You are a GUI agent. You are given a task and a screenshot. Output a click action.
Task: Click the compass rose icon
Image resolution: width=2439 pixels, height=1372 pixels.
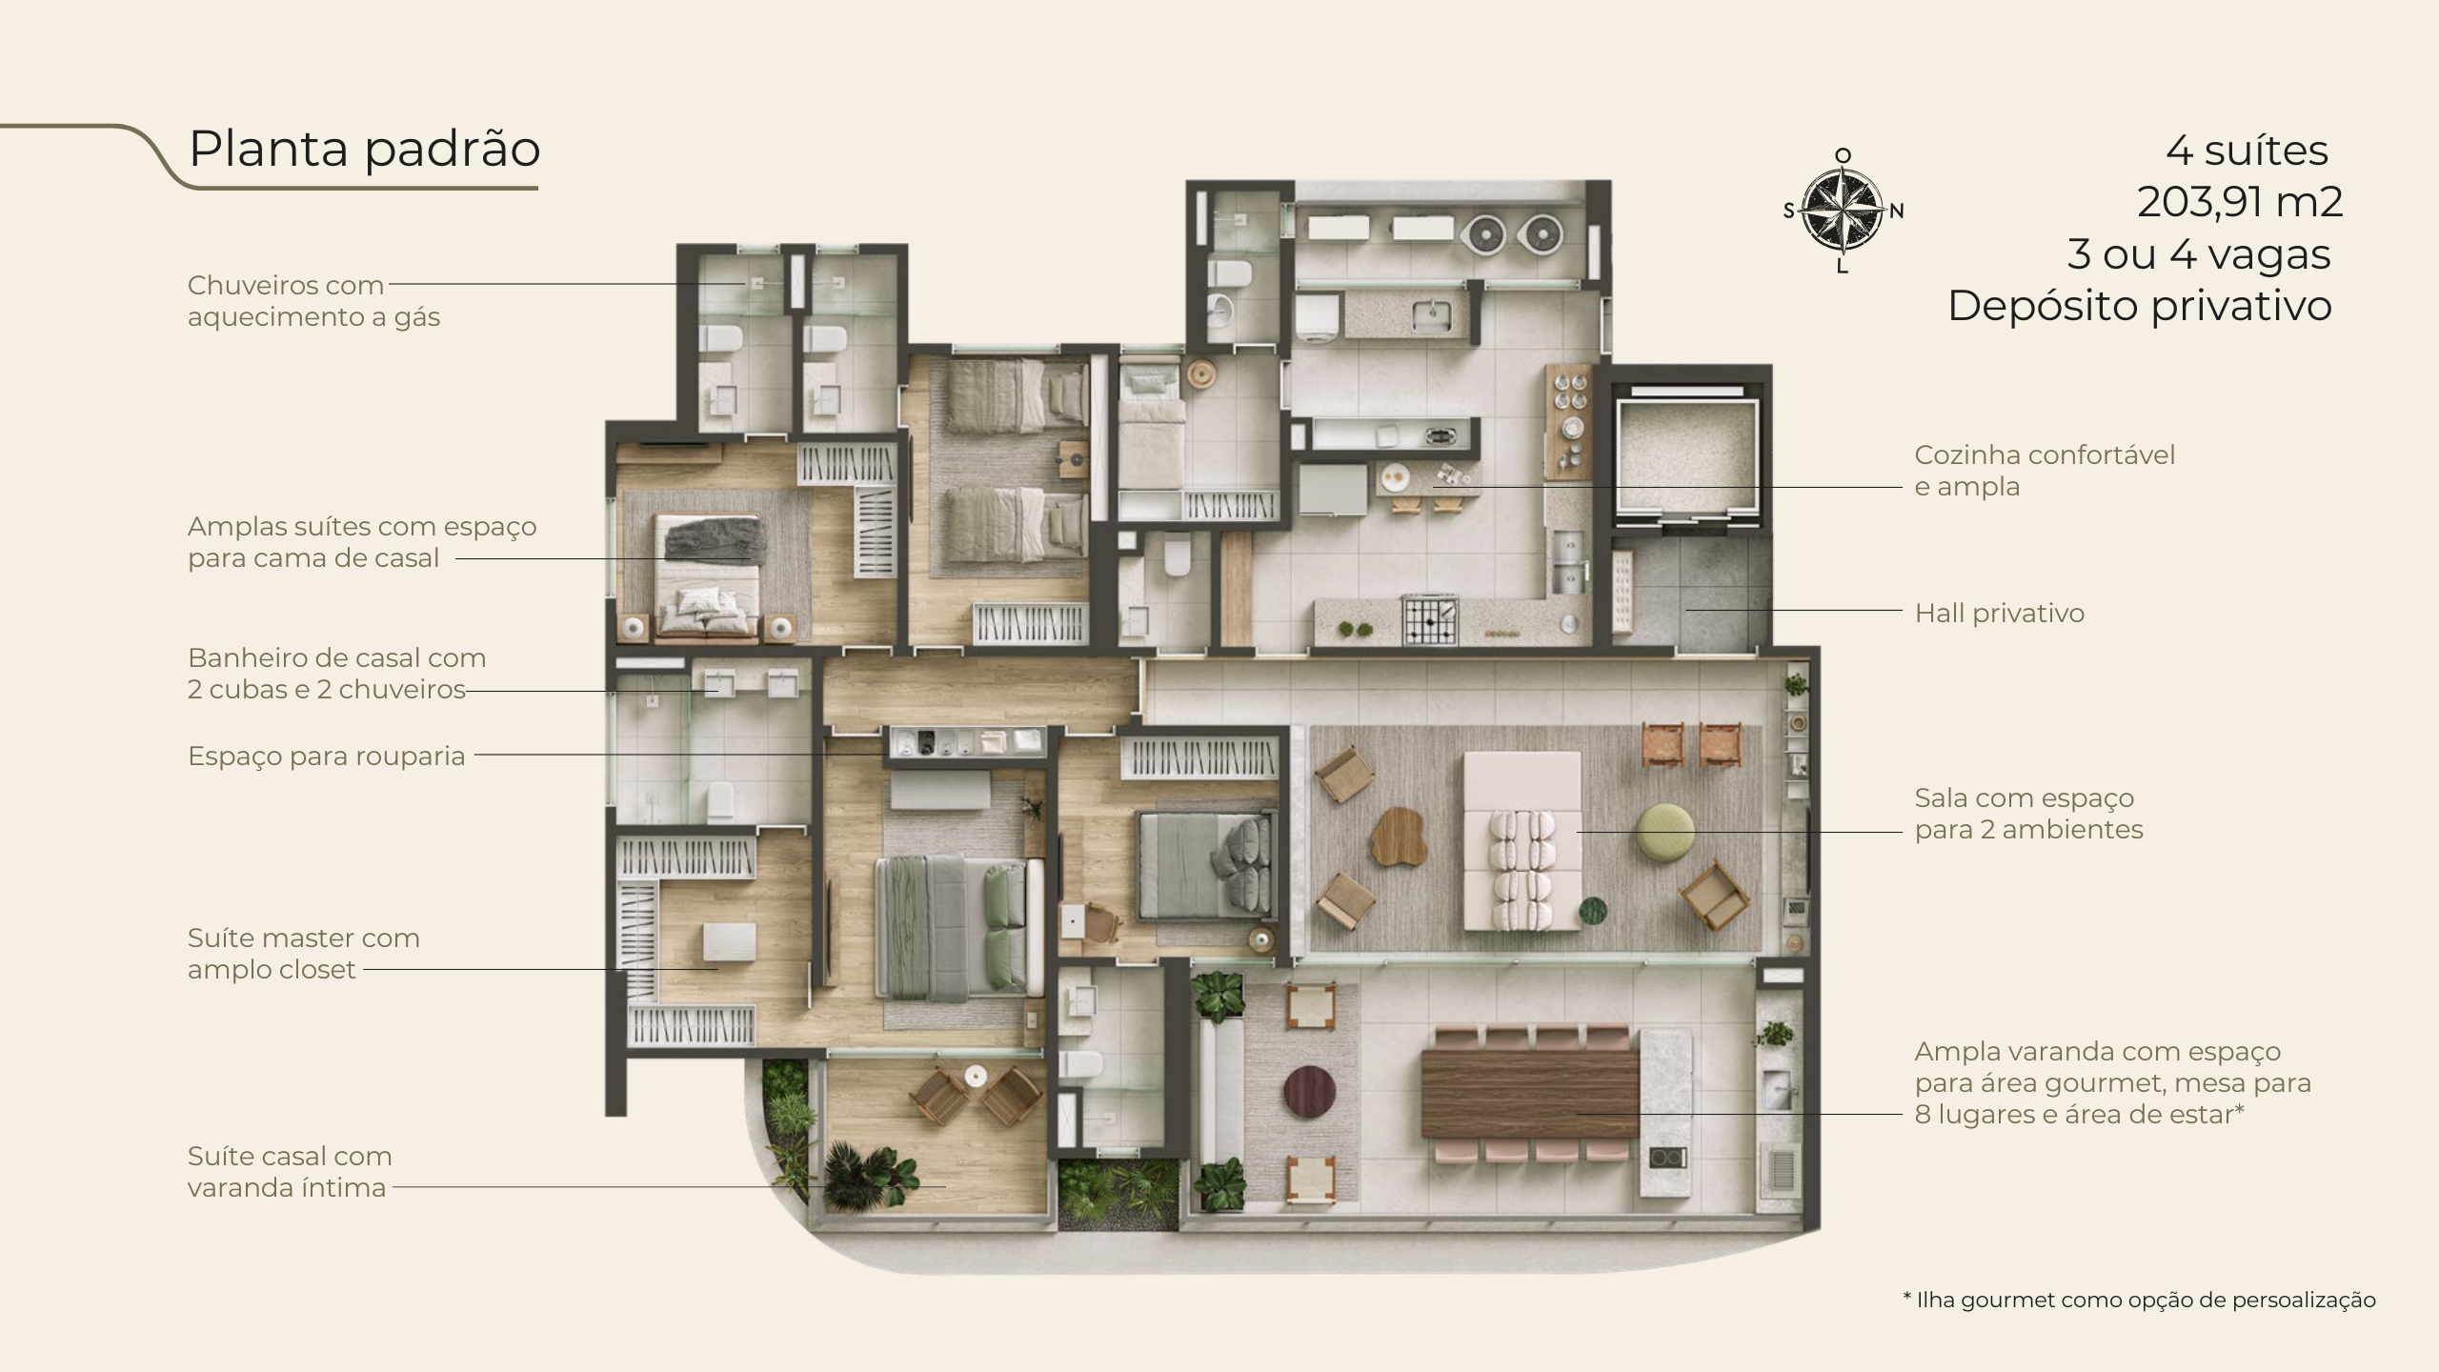tap(1844, 211)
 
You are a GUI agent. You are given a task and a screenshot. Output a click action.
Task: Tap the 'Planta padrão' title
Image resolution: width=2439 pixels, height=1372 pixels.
tap(365, 149)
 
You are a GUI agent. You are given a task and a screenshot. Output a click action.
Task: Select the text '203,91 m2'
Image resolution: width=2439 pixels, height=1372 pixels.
tap(2240, 202)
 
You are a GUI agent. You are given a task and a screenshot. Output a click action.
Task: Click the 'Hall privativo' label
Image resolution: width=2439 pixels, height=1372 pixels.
tap(2000, 613)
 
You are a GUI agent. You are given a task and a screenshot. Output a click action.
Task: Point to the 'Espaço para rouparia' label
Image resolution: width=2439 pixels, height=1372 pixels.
tap(327, 756)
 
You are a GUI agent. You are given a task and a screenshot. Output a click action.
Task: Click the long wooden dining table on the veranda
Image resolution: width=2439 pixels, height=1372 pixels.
tap(1530, 1093)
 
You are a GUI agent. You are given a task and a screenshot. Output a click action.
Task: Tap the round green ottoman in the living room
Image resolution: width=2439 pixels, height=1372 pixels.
tap(1665, 832)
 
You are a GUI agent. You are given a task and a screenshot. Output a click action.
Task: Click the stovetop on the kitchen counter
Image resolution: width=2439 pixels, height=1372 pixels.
tap(1429, 619)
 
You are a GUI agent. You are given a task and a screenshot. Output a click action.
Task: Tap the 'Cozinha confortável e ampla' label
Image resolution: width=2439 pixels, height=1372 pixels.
tap(2045, 471)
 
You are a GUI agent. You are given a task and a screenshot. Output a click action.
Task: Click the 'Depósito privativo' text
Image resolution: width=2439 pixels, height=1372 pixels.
tap(2140, 306)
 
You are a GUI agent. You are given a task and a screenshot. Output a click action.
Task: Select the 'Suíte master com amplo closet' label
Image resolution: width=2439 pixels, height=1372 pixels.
tap(304, 954)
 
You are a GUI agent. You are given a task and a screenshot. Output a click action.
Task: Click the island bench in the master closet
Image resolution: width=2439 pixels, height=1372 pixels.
tap(731, 941)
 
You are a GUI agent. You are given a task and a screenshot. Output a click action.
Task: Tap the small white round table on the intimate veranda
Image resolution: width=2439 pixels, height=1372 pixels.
tap(974, 1075)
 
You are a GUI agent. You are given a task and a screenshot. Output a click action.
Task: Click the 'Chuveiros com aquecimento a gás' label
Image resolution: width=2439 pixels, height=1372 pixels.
tap(313, 301)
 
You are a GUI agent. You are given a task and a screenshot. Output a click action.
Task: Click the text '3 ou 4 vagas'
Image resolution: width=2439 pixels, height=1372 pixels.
tap(2199, 254)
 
